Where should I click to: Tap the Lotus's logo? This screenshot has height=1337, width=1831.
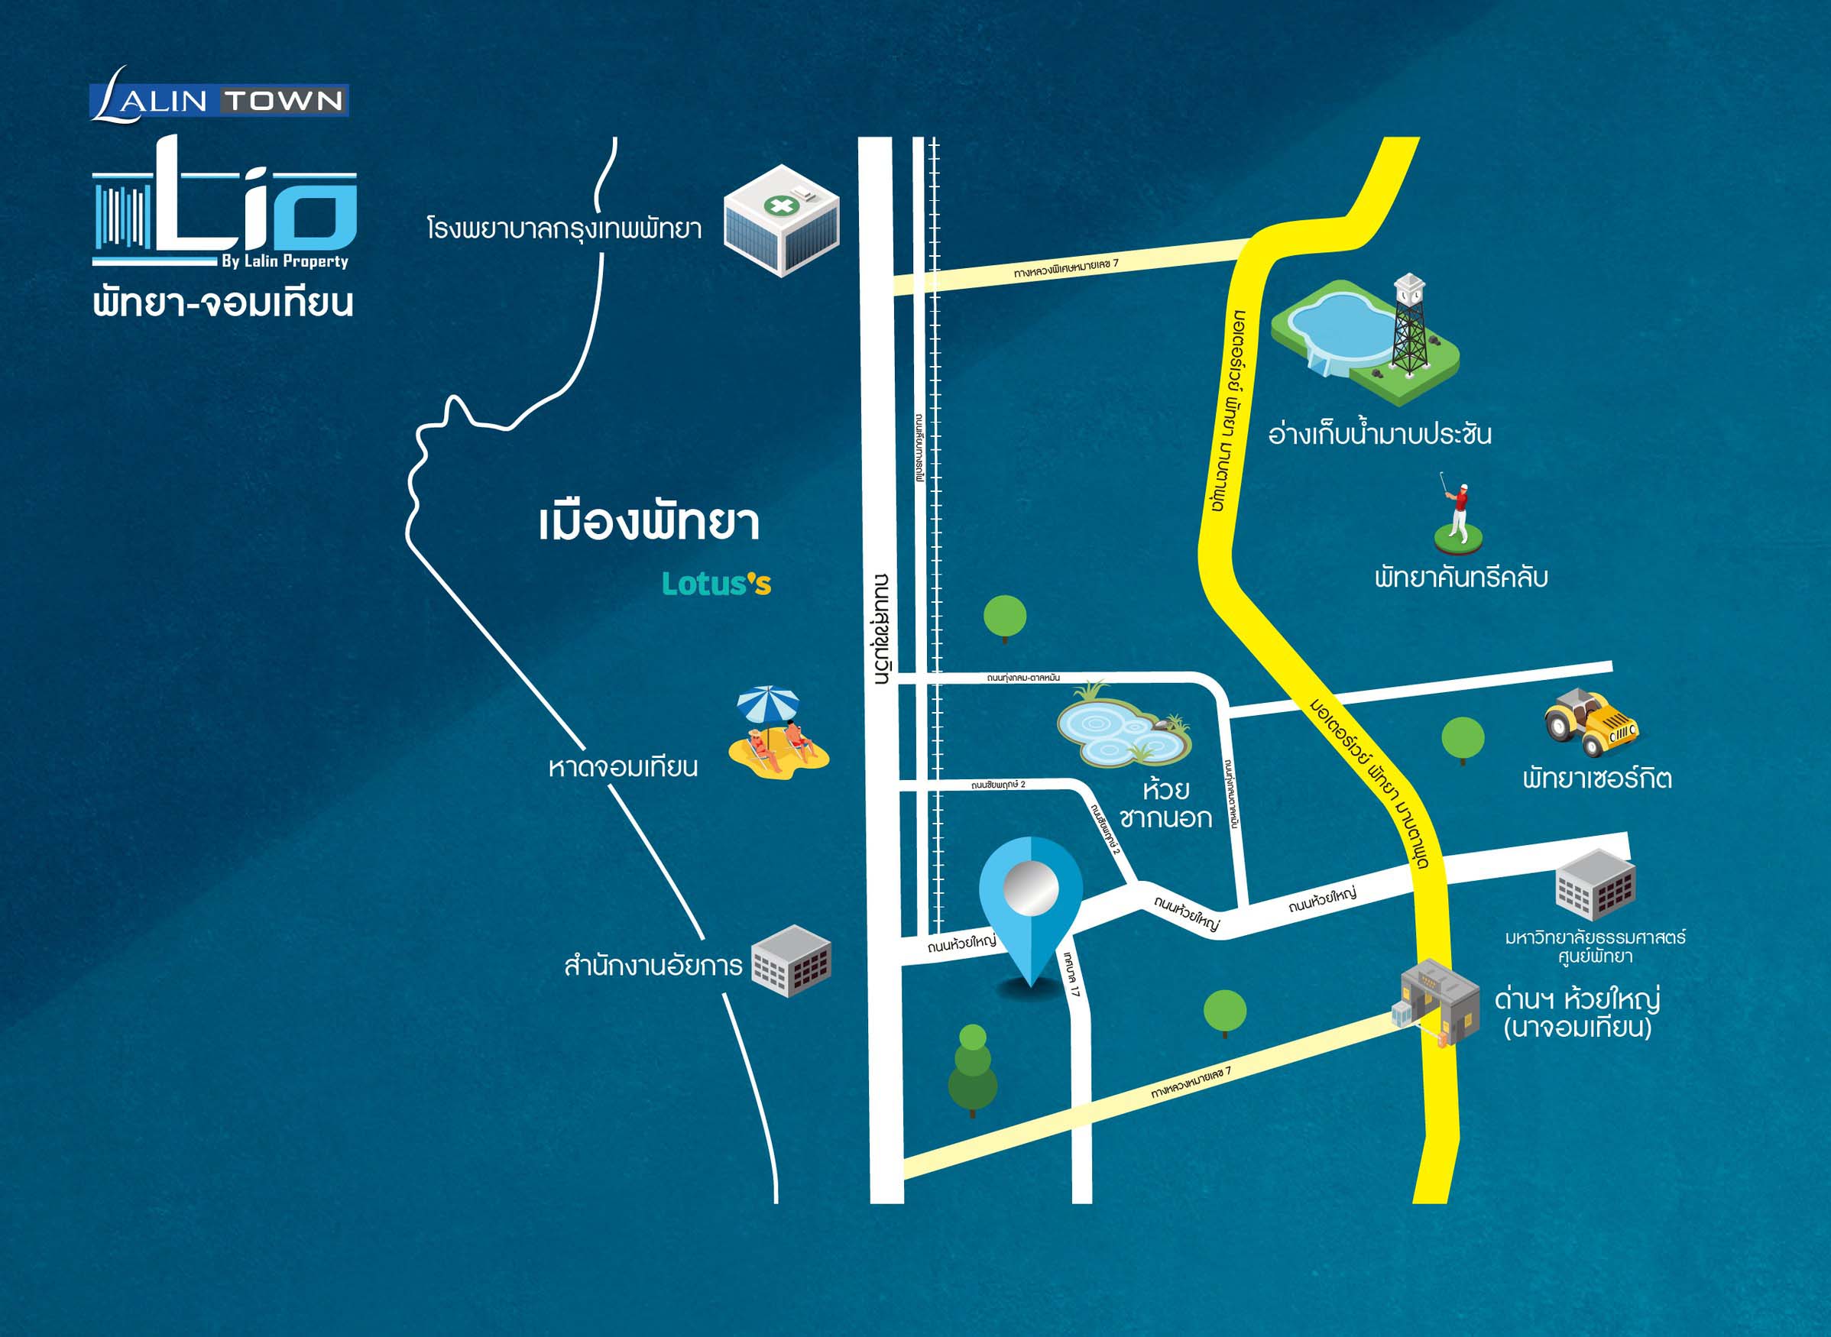[716, 584]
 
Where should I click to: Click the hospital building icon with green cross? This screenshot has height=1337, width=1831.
[781, 220]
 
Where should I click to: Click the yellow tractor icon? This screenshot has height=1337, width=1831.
[1590, 722]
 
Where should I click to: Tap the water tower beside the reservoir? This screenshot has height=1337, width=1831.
[1409, 324]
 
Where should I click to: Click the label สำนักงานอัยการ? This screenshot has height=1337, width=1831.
[653, 966]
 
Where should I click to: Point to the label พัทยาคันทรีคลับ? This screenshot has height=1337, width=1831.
[1461, 578]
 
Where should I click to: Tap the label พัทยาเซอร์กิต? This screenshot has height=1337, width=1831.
[1597, 779]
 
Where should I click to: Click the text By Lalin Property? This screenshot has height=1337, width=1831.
[284, 261]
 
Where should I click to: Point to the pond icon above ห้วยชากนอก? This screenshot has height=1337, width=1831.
[1124, 726]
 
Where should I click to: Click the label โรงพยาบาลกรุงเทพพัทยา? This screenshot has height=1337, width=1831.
[564, 229]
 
